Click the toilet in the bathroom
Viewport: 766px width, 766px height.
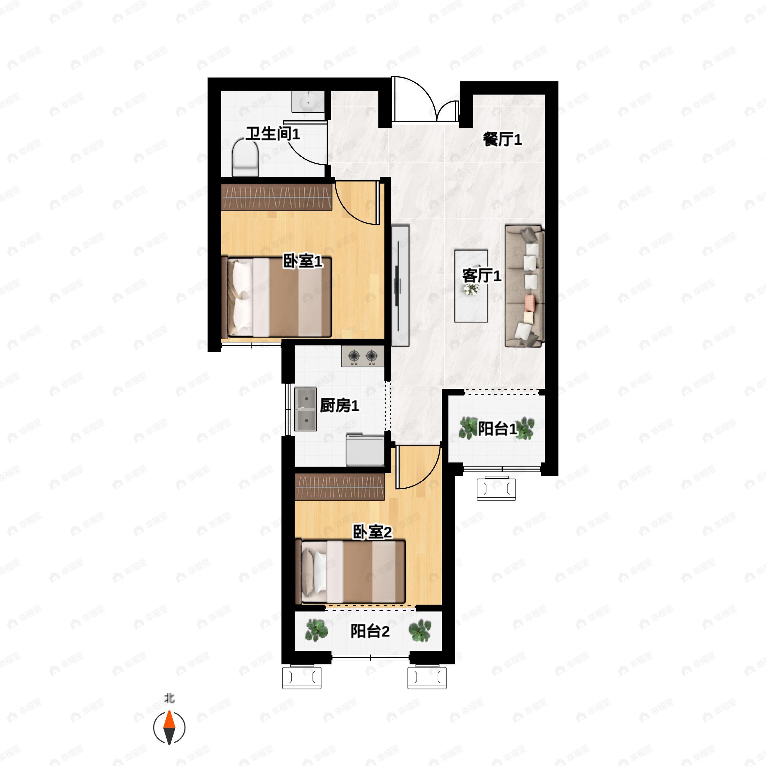245,157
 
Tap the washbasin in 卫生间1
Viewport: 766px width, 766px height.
308,101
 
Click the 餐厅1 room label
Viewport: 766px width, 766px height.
502,139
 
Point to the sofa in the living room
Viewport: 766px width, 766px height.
524,286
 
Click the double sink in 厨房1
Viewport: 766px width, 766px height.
305,409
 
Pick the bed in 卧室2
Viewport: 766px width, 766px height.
350,572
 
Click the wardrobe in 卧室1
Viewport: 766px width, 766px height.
276,197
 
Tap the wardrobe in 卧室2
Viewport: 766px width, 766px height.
340,486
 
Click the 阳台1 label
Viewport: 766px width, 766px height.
497,429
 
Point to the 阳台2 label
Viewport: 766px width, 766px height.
370,631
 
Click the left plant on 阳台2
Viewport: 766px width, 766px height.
316,630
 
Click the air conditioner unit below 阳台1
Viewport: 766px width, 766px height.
496,488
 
